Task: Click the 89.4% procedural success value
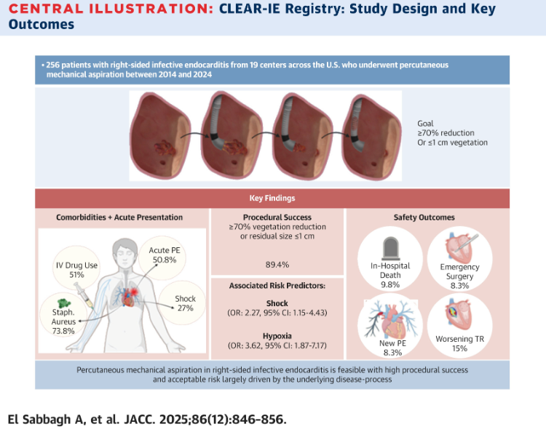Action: click(x=277, y=267)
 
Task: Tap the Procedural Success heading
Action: click(x=277, y=217)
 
